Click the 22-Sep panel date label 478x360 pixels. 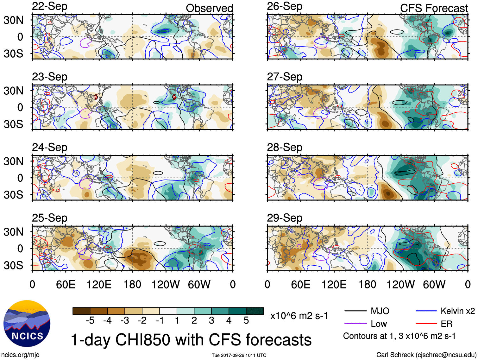(x=49, y=7)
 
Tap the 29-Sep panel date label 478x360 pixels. (x=284, y=218)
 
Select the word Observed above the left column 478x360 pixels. (x=209, y=8)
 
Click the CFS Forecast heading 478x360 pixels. (x=434, y=8)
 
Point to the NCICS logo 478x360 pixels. (x=27, y=323)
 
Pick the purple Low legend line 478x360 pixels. (x=355, y=324)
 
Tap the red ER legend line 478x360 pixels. (x=426, y=324)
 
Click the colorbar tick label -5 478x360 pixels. (x=90, y=321)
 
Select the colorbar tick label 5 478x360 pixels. (x=246, y=321)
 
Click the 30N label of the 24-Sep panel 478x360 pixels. (x=14, y=161)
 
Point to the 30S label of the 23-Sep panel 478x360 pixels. (x=14, y=124)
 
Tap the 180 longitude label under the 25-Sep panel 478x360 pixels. (x=132, y=285)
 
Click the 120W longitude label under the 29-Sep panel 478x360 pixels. (x=400, y=285)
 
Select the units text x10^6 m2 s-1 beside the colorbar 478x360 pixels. (x=299, y=316)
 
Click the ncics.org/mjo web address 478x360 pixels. (x=20, y=355)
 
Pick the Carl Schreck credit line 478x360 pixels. (x=426, y=355)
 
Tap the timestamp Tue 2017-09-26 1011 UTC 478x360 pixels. (x=239, y=355)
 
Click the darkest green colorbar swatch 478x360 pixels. (x=255, y=311)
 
